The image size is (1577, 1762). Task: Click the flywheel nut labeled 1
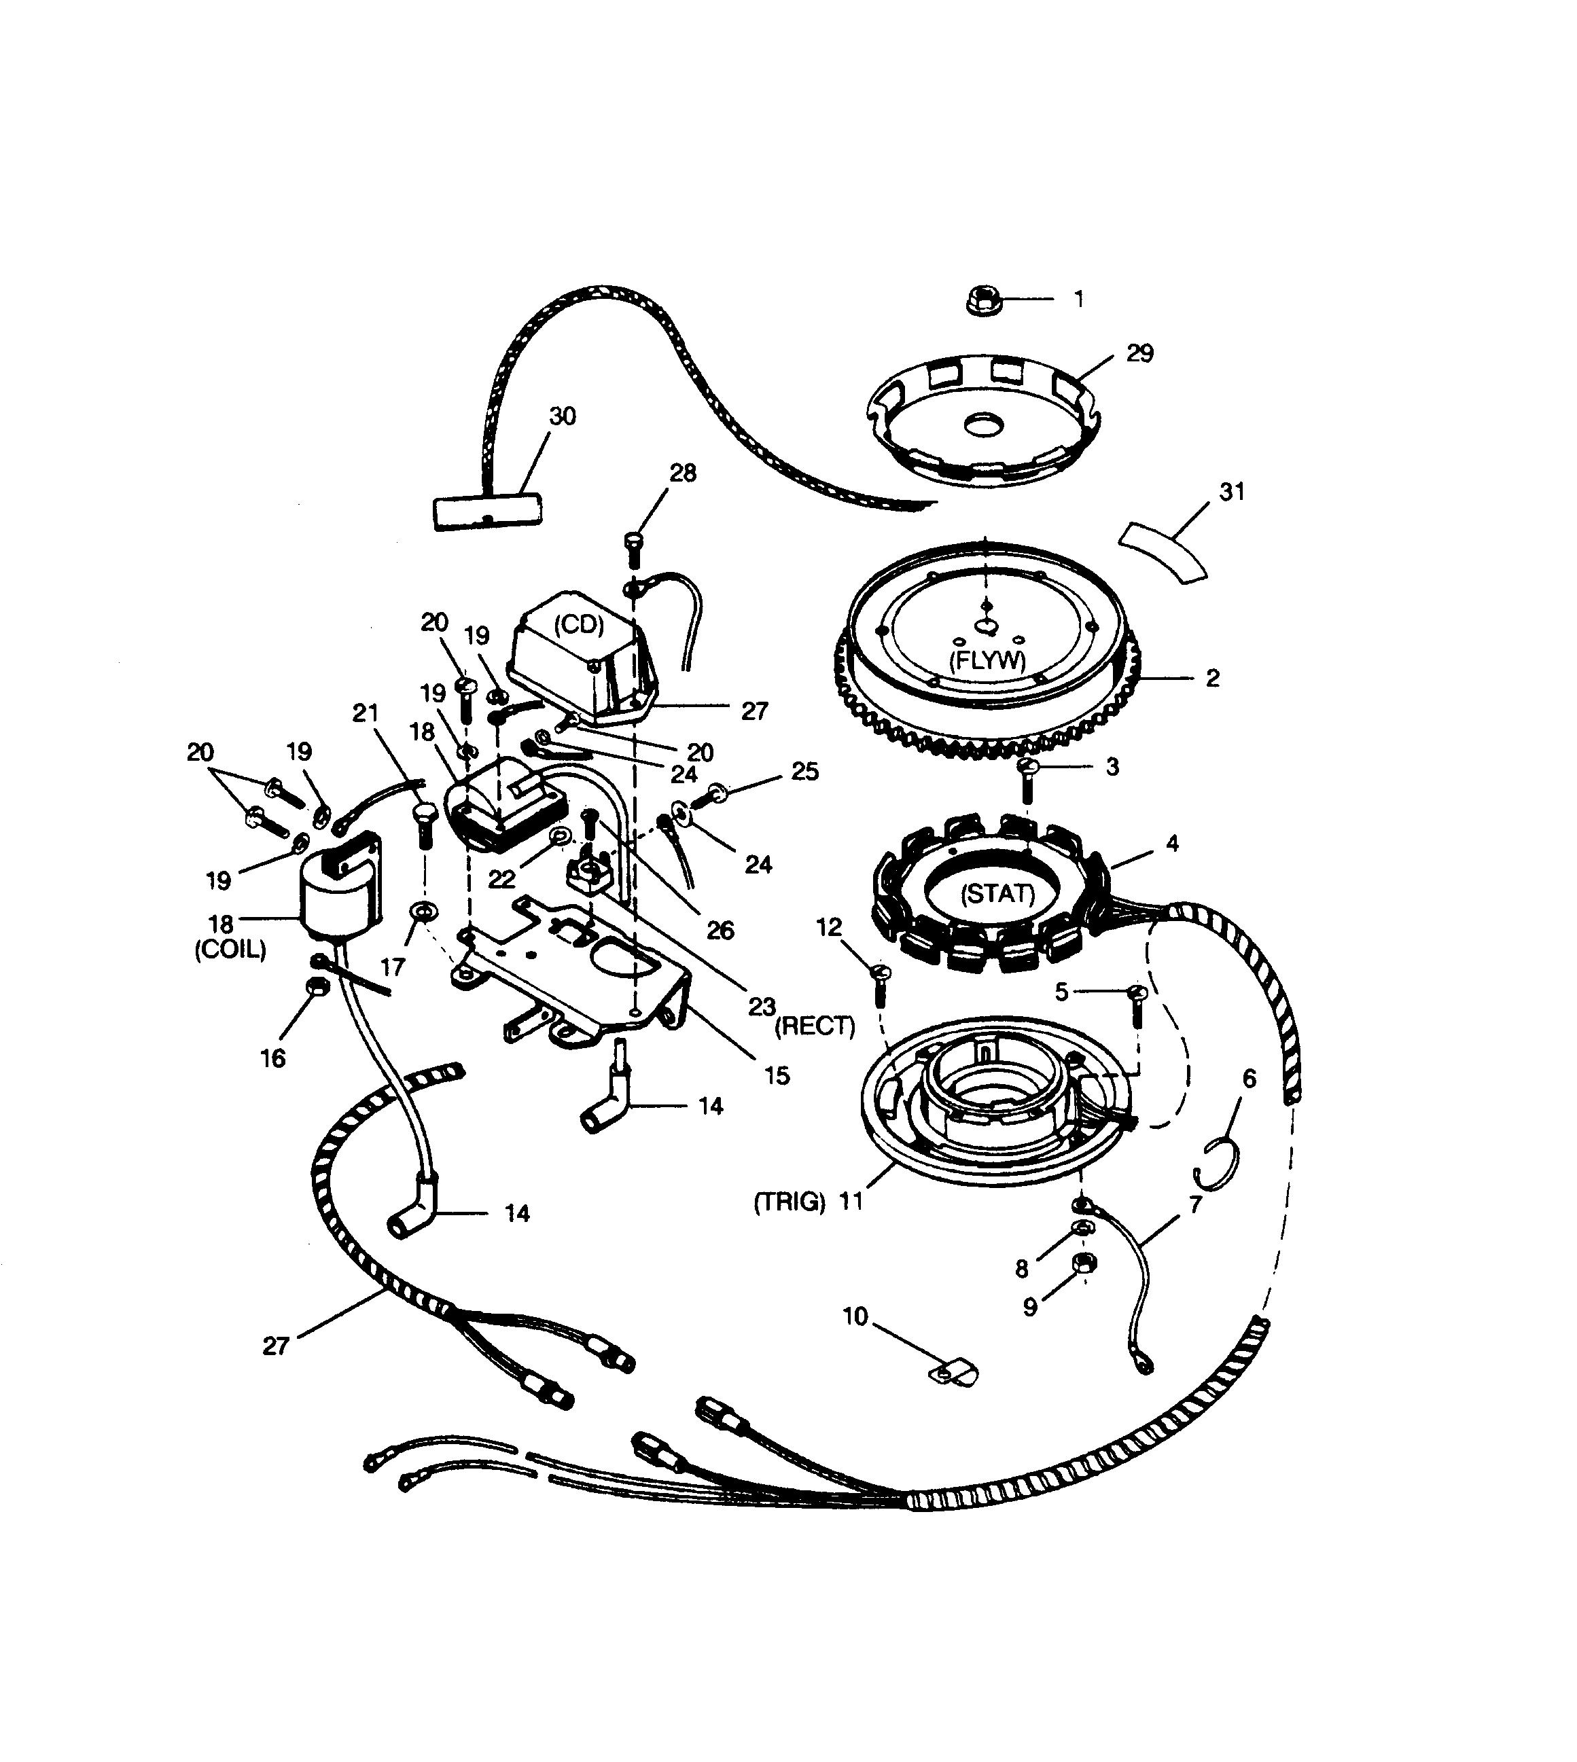click(x=982, y=301)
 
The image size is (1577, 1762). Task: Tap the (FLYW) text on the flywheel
click(x=988, y=660)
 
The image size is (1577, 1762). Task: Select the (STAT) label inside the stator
click(x=997, y=893)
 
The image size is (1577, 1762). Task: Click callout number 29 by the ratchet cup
click(x=1139, y=353)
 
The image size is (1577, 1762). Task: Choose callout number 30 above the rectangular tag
click(x=563, y=416)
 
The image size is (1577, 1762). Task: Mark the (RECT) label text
click(x=815, y=1026)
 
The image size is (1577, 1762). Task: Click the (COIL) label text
click(x=230, y=950)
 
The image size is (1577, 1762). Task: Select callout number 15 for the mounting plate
click(x=777, y=1076)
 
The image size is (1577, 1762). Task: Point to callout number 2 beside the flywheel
click(x=1212, y=679)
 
